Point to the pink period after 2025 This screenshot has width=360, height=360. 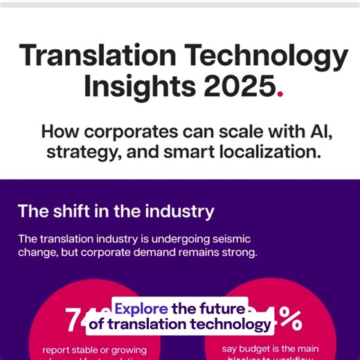coord(280,95)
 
